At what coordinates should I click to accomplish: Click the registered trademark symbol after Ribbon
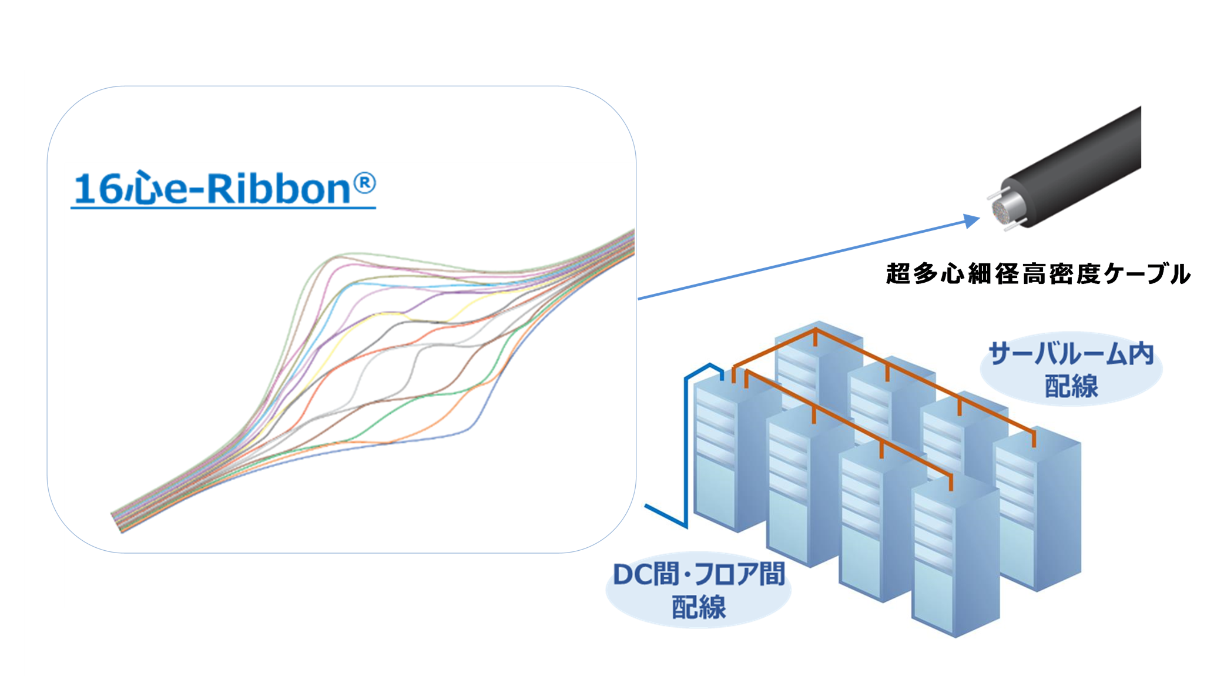coord(364,183)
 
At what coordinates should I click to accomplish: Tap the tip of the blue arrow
coord(980,218)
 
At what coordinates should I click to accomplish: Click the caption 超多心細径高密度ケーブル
coord(1038,274)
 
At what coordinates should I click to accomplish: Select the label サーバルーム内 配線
coord(1071,370)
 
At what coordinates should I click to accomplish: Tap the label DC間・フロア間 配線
coord(699,590)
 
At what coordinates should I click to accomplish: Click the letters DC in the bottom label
coord(632,575)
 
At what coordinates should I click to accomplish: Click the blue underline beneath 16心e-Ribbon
coord(223,208)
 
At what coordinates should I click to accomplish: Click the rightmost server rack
coord(1037,508)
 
